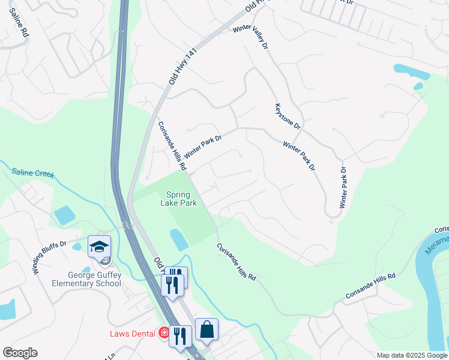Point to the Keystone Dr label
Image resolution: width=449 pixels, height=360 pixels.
(287, 116)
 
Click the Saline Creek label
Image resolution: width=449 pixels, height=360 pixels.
(33, 174)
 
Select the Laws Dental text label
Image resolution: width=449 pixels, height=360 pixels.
(133, 333)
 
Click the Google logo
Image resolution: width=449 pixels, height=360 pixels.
(19, 353)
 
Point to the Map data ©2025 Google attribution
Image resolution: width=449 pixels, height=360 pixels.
(412, 355)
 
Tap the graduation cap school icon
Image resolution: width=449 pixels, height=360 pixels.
(100, 247)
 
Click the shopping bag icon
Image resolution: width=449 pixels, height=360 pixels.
(206, 329)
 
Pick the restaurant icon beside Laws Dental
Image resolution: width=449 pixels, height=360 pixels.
(180, 336)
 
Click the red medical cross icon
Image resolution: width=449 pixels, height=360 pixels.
(163, 333)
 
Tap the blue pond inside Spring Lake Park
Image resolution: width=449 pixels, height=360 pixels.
(179, 239)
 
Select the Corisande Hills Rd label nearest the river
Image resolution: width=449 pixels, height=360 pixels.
(370, 286)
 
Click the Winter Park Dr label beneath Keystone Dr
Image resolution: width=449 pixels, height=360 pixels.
(299, 156)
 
